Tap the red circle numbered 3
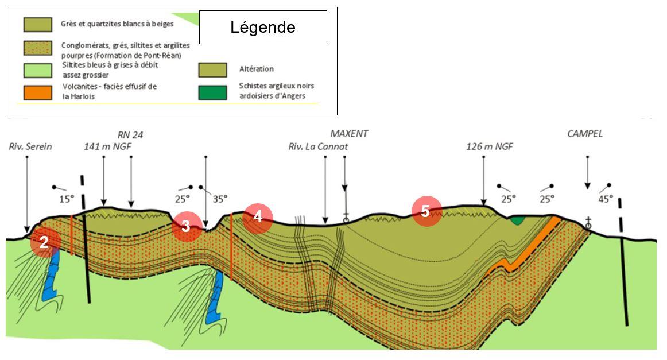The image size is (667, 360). pos(187,226)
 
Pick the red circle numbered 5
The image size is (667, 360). pos(426,211)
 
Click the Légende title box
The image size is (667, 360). pos(263,27)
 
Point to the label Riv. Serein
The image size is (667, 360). pos(30,146)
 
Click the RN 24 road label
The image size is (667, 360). pos(130,135)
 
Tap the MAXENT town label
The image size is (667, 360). pos(349,134)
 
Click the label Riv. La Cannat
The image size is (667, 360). pos(318,146)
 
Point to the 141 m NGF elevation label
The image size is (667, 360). pos(105,146)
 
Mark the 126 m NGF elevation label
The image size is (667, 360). pos(489,146)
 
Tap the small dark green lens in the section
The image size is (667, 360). pos(518,219)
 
